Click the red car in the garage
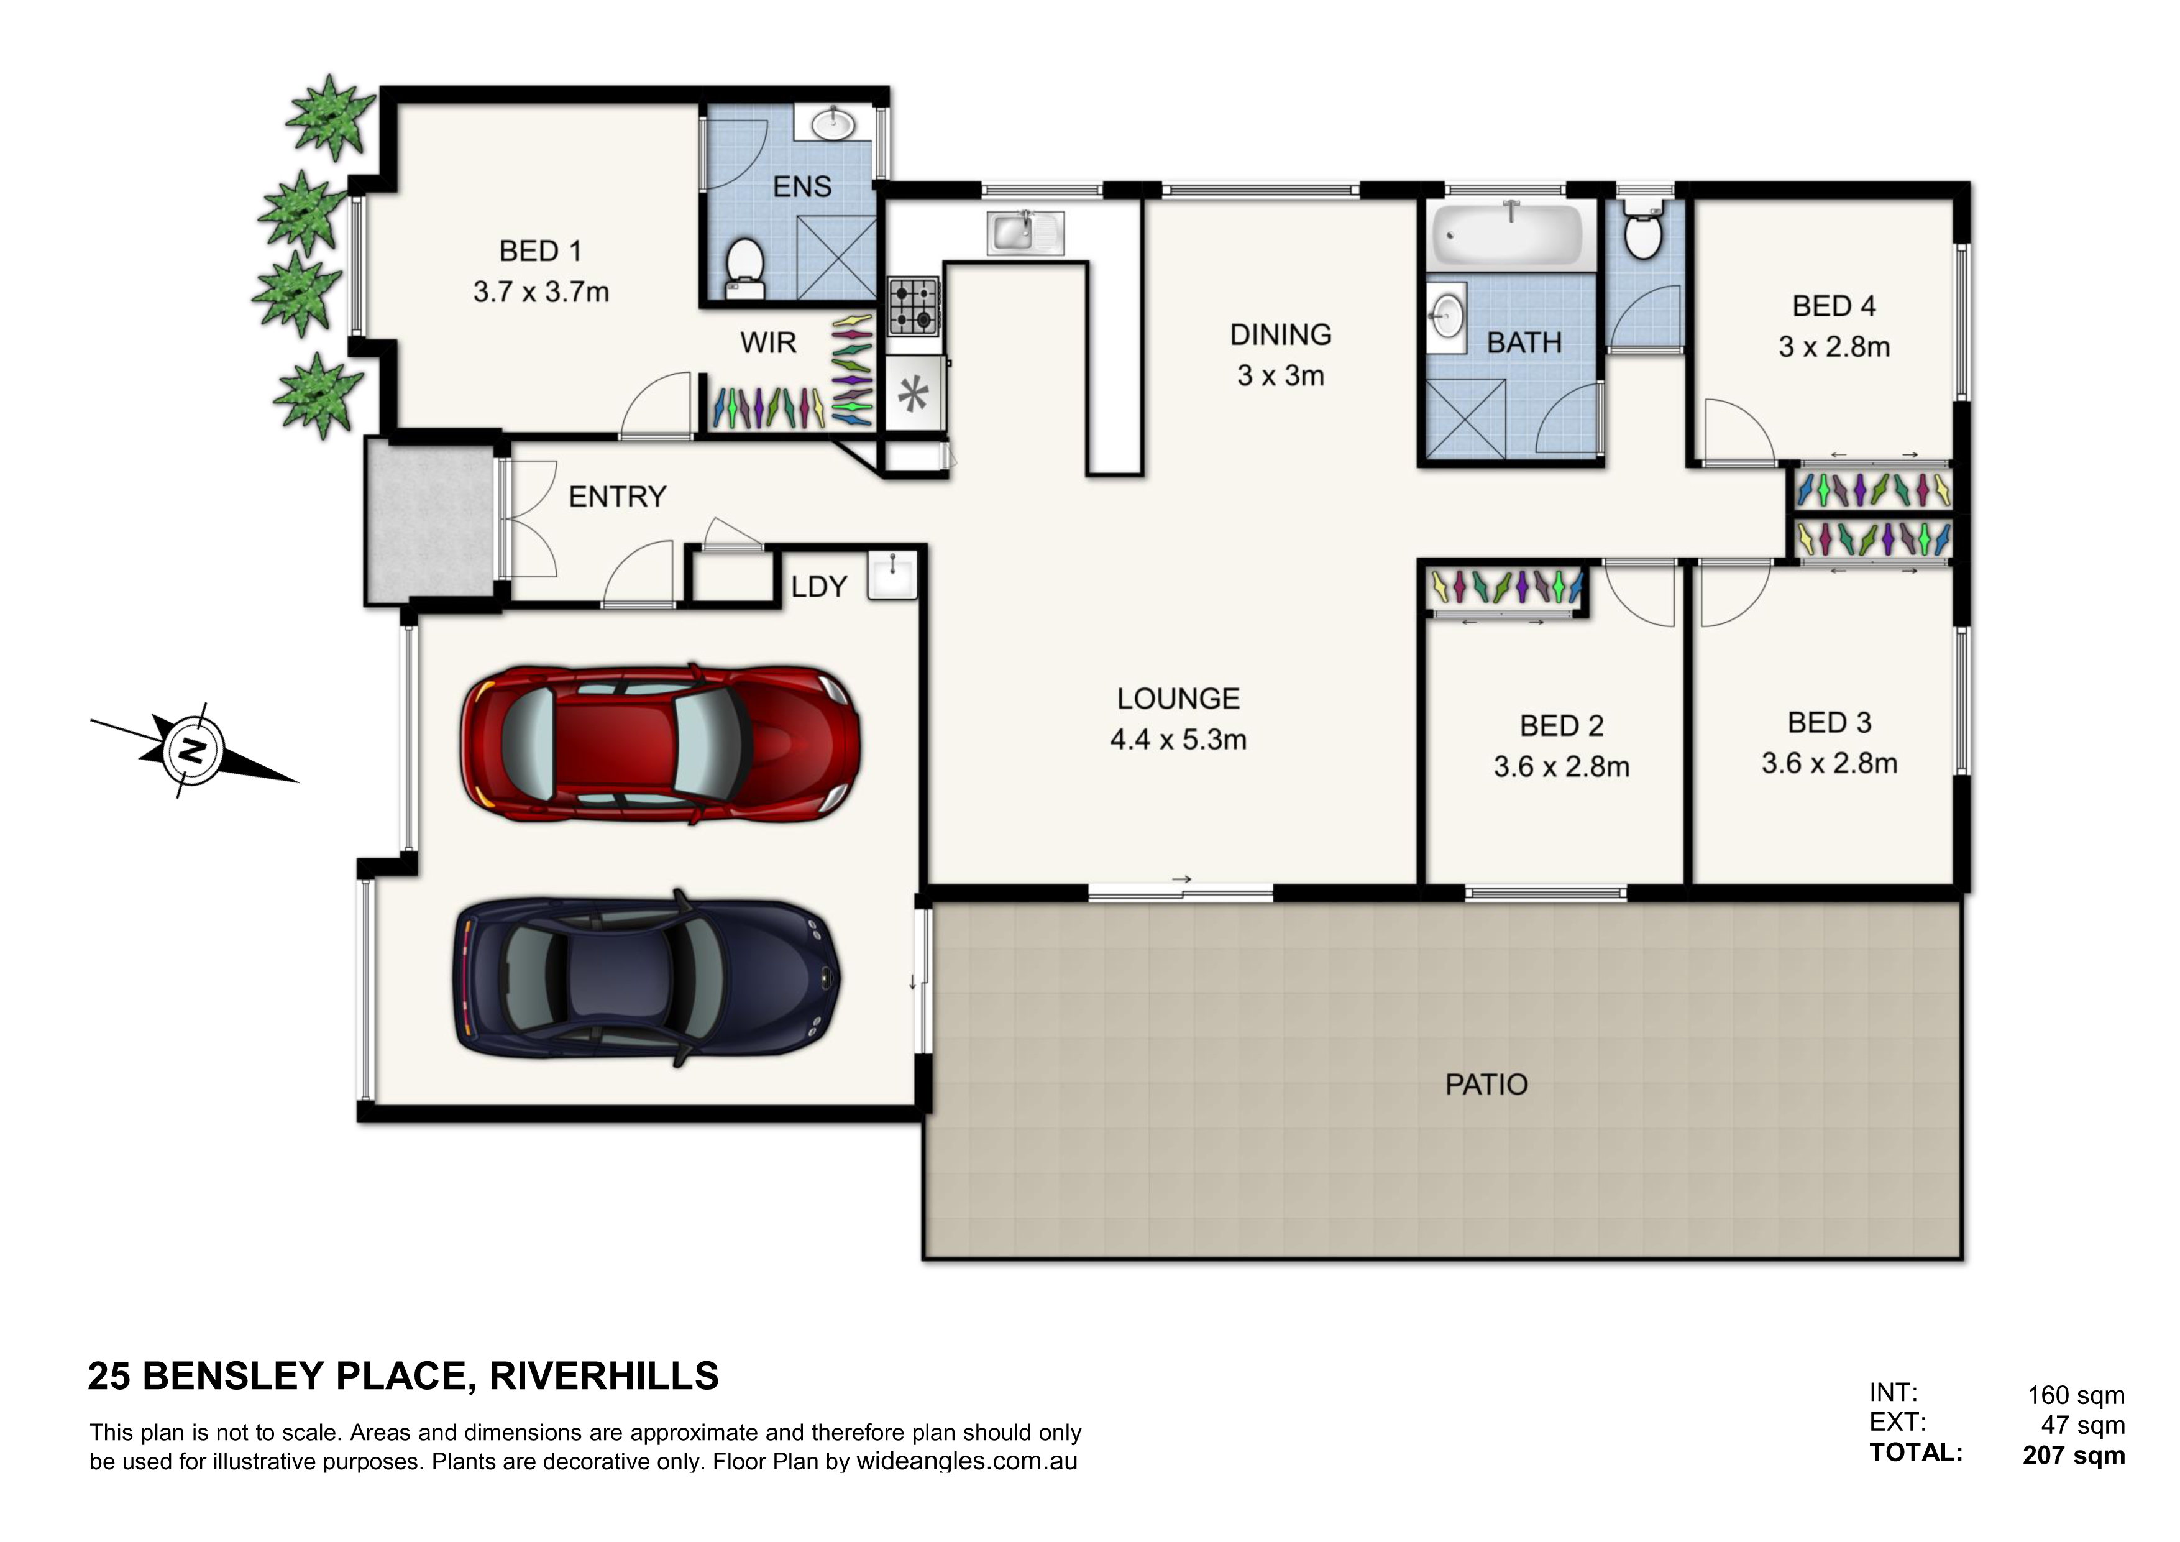click(x=662, y=743)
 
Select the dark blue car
click(x=646, y=978)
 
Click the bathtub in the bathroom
click(x=1507, y=234)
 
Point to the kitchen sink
click(x=1025, y=232)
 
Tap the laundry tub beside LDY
click(x=892, y=574)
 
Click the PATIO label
click(x=1486, y=1085)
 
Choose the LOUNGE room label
click(x=1178, y=699)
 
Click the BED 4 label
click(x=1833, y=306)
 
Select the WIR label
click(x=768, y=343)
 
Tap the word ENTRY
click(x=617, y=497)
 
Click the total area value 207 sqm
click(x=2074, y=1456)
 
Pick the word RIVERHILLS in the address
click(x=604, y=1376)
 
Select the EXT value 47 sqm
click(x=2083, y=1425)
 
